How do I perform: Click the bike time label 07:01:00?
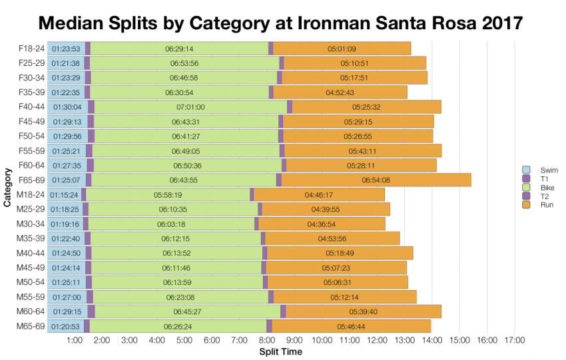[x=190, y=106]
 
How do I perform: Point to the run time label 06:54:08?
[x=376, y=180]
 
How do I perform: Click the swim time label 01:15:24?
[x=65, y=195]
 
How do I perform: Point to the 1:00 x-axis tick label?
[x=75, y=341]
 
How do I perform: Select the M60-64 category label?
[x=31, y=311]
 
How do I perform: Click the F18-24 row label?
[x=31, y=49]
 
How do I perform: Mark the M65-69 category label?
[x=31, y=326]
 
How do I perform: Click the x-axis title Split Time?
[x=280, y=351]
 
